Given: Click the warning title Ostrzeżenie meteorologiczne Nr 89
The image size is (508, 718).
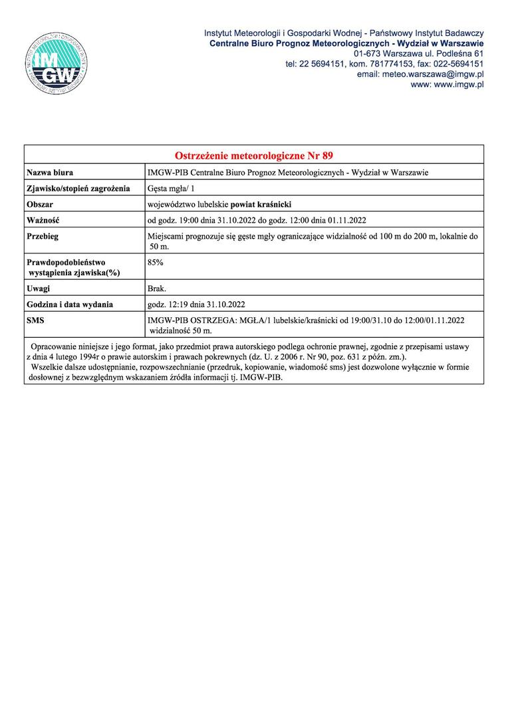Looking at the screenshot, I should (x=253, y=156).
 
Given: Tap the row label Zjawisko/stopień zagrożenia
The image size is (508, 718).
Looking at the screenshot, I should (x=78, y=189).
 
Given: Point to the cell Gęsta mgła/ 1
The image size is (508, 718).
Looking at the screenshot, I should (x=171, y=189).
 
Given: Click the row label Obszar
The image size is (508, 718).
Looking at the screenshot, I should (x=40, y=205).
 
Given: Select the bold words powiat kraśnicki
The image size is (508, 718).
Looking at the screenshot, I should (x=258, y=205).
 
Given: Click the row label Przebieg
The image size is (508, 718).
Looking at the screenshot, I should (x=43, y=236).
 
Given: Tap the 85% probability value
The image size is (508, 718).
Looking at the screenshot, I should (x=155, y=263).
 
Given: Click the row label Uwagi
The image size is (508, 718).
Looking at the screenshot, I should (x=39, y=289).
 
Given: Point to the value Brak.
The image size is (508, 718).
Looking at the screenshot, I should (x=157, y=289).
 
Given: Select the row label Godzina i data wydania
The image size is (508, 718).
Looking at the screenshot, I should (x=69, y=304).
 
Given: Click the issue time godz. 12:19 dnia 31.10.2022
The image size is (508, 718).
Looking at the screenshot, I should (x=196, y=304).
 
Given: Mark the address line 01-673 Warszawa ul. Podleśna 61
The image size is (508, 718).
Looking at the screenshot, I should (x=418, y=53).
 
